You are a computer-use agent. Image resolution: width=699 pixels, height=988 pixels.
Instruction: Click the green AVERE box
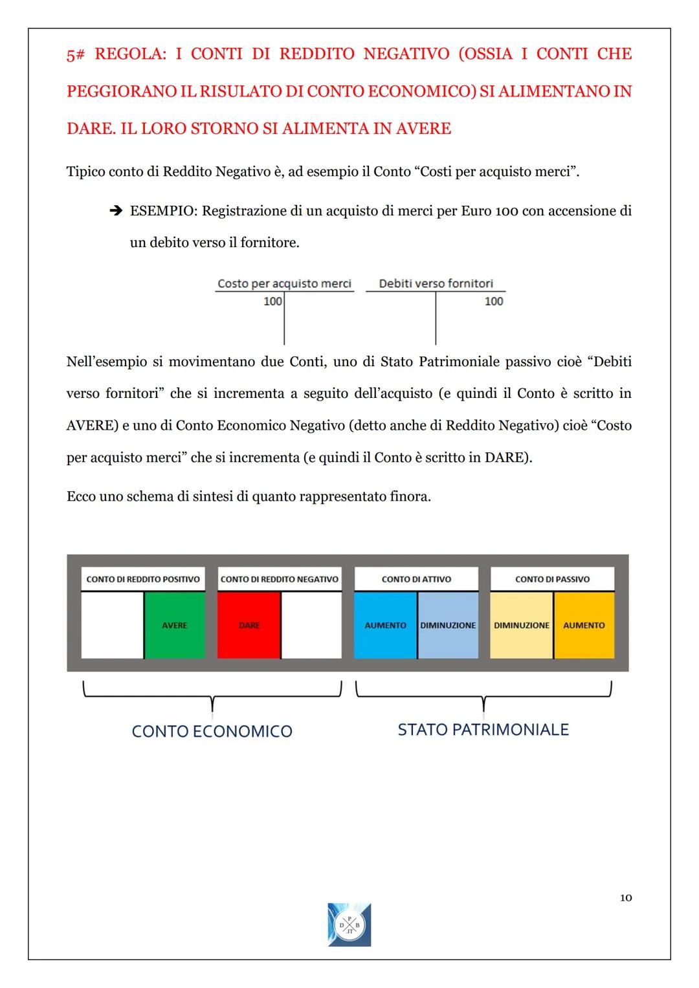click(x=175, y=625)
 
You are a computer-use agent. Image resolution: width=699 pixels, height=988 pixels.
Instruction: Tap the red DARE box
click(x=249, y=625)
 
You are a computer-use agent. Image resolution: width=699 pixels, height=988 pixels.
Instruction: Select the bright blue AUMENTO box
click(x=385, y=625)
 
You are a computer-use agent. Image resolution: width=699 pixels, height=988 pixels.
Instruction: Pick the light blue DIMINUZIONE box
click(x=448, y=625)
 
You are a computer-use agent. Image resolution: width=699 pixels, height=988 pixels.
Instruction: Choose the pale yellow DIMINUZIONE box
click(x=521, y=625)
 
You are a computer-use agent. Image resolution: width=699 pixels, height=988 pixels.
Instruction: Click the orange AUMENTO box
click(x=584, y=625)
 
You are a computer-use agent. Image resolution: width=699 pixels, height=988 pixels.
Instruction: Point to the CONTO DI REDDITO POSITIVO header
click(x=143, y=579)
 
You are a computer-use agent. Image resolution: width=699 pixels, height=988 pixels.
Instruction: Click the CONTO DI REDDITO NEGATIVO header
click(x=279, y=579)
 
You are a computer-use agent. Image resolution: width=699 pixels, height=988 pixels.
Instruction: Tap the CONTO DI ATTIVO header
click(x=416, y=579)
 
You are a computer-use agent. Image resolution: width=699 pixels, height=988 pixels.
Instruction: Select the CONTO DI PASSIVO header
click(x=552, y=579)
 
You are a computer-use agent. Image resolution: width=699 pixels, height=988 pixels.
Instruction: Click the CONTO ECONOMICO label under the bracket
click(x=212, y=731)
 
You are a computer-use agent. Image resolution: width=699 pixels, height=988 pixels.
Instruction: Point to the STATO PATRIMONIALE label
click(x=483, y=729)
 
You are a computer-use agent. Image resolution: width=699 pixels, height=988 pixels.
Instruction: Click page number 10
click(x=625, y=897)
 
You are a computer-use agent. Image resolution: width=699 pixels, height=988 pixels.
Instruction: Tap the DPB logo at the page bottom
click(x=349, y=925)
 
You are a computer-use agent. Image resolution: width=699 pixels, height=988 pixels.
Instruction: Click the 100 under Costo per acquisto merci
click(x=272, y=301)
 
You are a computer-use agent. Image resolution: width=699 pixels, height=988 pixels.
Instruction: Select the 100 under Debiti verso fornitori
click(x=494, y=301)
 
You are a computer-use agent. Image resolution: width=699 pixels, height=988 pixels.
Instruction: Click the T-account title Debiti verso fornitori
click(x=436, y=283)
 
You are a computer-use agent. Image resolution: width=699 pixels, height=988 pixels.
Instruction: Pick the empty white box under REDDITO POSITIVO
click(x=112, y=625)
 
